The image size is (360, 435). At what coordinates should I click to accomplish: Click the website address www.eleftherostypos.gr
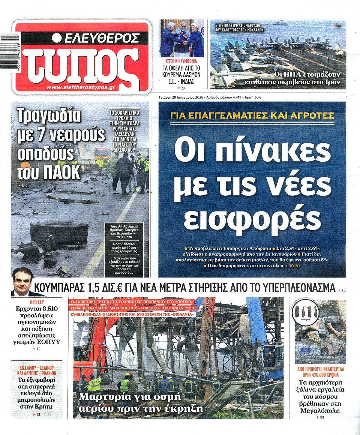(x=80, y=87)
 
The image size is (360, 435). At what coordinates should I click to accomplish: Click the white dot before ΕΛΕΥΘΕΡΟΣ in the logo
(x=57, y=38)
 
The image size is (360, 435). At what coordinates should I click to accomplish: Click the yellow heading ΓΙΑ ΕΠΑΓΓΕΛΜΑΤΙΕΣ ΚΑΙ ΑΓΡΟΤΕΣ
(x=252, y=116)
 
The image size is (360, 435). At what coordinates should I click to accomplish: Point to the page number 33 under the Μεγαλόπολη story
(x=321, y=418)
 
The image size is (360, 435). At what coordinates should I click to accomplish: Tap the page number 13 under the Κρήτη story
(x=38, y=414)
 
